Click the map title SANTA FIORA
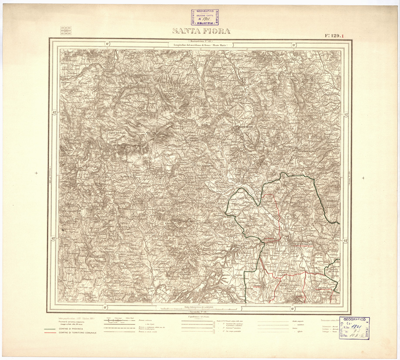(201, 31)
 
